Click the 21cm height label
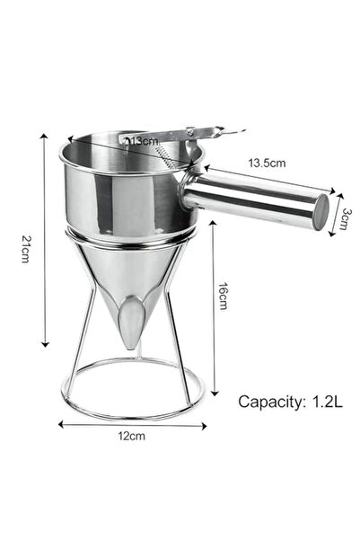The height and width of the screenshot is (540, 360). pos(26,244)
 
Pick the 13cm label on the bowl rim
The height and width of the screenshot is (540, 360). pos(141,140)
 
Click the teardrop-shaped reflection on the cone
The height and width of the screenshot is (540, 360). pos(132,322)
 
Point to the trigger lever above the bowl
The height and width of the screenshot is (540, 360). pos(202,136)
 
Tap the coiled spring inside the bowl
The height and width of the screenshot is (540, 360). pos(166,155)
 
